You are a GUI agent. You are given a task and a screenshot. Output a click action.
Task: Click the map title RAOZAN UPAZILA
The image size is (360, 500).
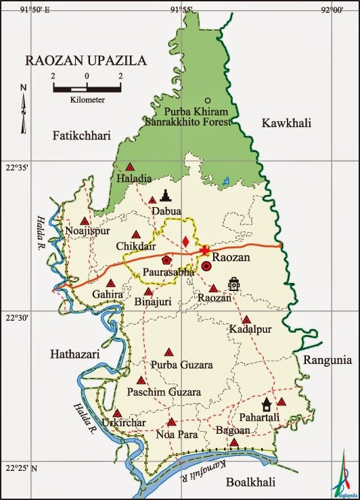(x=85, y=61)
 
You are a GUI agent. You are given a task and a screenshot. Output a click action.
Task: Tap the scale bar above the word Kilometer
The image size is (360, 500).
(x=87, y=87)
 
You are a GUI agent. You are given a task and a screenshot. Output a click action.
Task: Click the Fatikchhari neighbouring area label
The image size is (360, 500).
(x=81, y=136)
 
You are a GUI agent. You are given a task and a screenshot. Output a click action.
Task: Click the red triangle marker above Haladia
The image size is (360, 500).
(x=129, y=166)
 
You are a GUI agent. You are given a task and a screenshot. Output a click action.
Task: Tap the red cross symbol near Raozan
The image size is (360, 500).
(x=204, y=250)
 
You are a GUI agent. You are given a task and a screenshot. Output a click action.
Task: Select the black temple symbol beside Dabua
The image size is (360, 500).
(x=166, y=196)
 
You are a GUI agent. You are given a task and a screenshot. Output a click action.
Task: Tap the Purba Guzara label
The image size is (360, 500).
(x=182, y=365)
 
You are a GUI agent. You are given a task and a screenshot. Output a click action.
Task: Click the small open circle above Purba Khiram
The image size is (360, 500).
(x=208, y=100)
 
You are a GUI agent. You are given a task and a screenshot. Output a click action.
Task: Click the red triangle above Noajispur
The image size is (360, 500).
(x=85, y=221)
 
